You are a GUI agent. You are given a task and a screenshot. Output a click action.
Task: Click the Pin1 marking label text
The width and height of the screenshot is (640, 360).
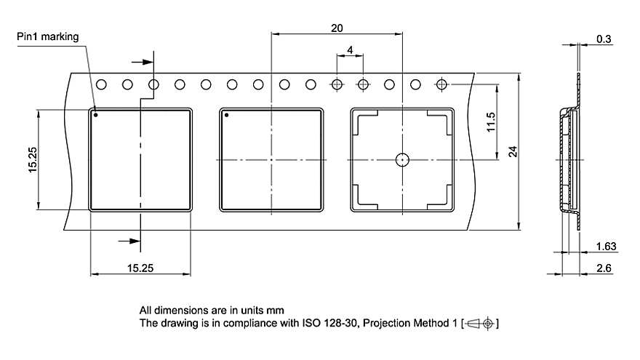point(48,36)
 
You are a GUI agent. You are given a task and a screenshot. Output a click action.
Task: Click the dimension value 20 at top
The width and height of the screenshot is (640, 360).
point(336,28)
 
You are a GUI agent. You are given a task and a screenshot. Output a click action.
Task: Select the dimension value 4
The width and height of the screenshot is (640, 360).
point(350,50)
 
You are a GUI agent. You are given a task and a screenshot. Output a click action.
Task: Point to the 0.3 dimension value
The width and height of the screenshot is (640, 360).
point(604,39)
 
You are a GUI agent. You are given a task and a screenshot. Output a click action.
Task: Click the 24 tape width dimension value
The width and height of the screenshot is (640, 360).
point(513,151)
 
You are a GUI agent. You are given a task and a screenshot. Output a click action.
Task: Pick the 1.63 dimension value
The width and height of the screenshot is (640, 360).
point(605,247)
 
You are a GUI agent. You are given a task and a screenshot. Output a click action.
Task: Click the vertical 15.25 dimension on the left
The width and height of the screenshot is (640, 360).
point(33,160)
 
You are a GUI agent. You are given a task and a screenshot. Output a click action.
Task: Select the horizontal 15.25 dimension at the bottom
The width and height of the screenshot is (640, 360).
point(140,268)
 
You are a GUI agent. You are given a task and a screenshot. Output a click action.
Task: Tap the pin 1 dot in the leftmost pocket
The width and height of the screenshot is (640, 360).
point(96,114)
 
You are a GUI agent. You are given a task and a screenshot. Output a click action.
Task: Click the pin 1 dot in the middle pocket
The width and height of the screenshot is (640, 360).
point(226,115)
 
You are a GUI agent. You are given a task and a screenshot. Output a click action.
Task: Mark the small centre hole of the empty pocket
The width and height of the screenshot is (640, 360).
point(401,159)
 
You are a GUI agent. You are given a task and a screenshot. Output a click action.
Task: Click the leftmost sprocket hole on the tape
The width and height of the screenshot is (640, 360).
point(101,84)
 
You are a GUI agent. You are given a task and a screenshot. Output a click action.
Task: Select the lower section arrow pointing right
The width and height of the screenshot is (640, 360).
point(129,241)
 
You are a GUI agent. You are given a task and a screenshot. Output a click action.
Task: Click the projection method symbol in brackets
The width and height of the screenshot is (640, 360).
point(481,322)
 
